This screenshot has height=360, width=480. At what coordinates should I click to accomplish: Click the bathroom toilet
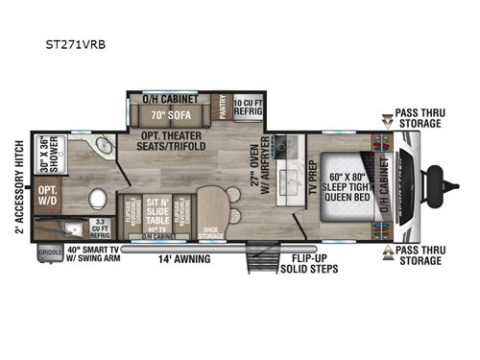pyautogui.click(x=98, y=201)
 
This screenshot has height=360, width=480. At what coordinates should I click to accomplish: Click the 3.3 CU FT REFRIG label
pyautogui.click(x=99, y=228)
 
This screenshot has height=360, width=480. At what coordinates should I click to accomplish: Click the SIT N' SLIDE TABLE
pyautogui.click(x=157, y=211)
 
